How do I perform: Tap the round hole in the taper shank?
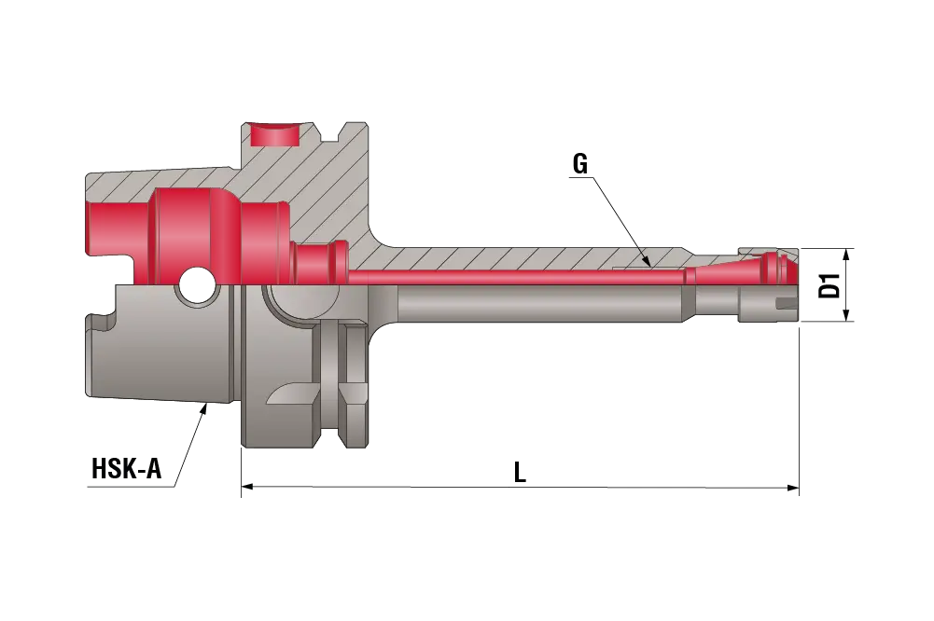coord(196,283)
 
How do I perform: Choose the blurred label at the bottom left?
coord(126,471)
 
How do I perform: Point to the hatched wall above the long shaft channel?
coord(523,258)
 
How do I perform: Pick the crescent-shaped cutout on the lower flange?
coord(285,398)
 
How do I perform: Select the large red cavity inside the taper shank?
coord(187,228)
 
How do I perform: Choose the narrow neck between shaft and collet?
coord(690,300)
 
